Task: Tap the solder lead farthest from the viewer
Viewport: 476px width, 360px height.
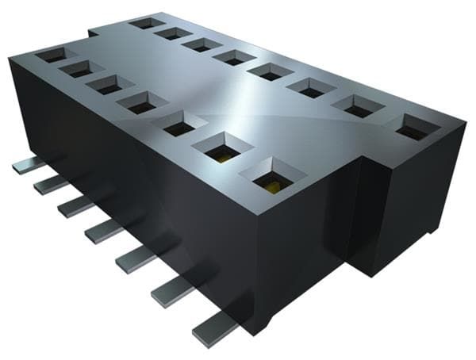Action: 28,165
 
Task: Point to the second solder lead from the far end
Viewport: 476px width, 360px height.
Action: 50,185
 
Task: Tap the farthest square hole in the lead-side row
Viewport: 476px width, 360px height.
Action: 50,55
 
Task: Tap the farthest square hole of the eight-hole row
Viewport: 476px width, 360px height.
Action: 148,22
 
